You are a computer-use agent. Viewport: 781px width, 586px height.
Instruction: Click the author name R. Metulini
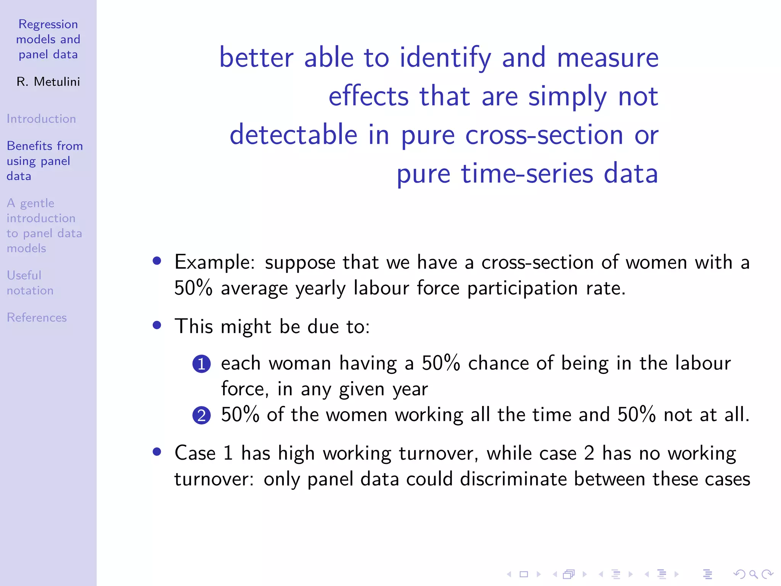tap(48, 82)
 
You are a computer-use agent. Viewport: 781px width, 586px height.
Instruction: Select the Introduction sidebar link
tap(41, 119)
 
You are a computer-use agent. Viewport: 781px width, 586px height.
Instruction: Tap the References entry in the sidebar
tap(37, 317)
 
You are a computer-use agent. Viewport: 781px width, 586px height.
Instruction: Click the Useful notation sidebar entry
tap(30, 283)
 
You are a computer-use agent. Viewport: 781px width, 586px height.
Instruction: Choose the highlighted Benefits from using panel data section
tap(44, 161)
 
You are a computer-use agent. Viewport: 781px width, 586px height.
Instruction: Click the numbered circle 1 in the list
tap(201, 364)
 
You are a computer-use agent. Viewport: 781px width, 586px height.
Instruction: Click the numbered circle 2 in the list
tap(201, 415)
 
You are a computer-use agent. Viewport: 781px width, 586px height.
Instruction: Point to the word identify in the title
tap(445, 58)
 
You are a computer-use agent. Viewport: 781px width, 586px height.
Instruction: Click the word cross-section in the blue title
tap(544, 135)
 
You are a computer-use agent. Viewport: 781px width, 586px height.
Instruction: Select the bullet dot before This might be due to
tap(157, 325)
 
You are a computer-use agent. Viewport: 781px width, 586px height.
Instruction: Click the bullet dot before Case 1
tap(157, 452)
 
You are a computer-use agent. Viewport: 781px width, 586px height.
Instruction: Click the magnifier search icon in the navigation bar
tap(753, 574)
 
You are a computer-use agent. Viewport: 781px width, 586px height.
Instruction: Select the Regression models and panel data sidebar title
tap(48, 39)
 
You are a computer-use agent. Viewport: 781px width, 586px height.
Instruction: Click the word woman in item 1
tap(300, 363)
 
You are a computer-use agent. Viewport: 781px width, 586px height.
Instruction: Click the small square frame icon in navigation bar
tap(524, 574)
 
